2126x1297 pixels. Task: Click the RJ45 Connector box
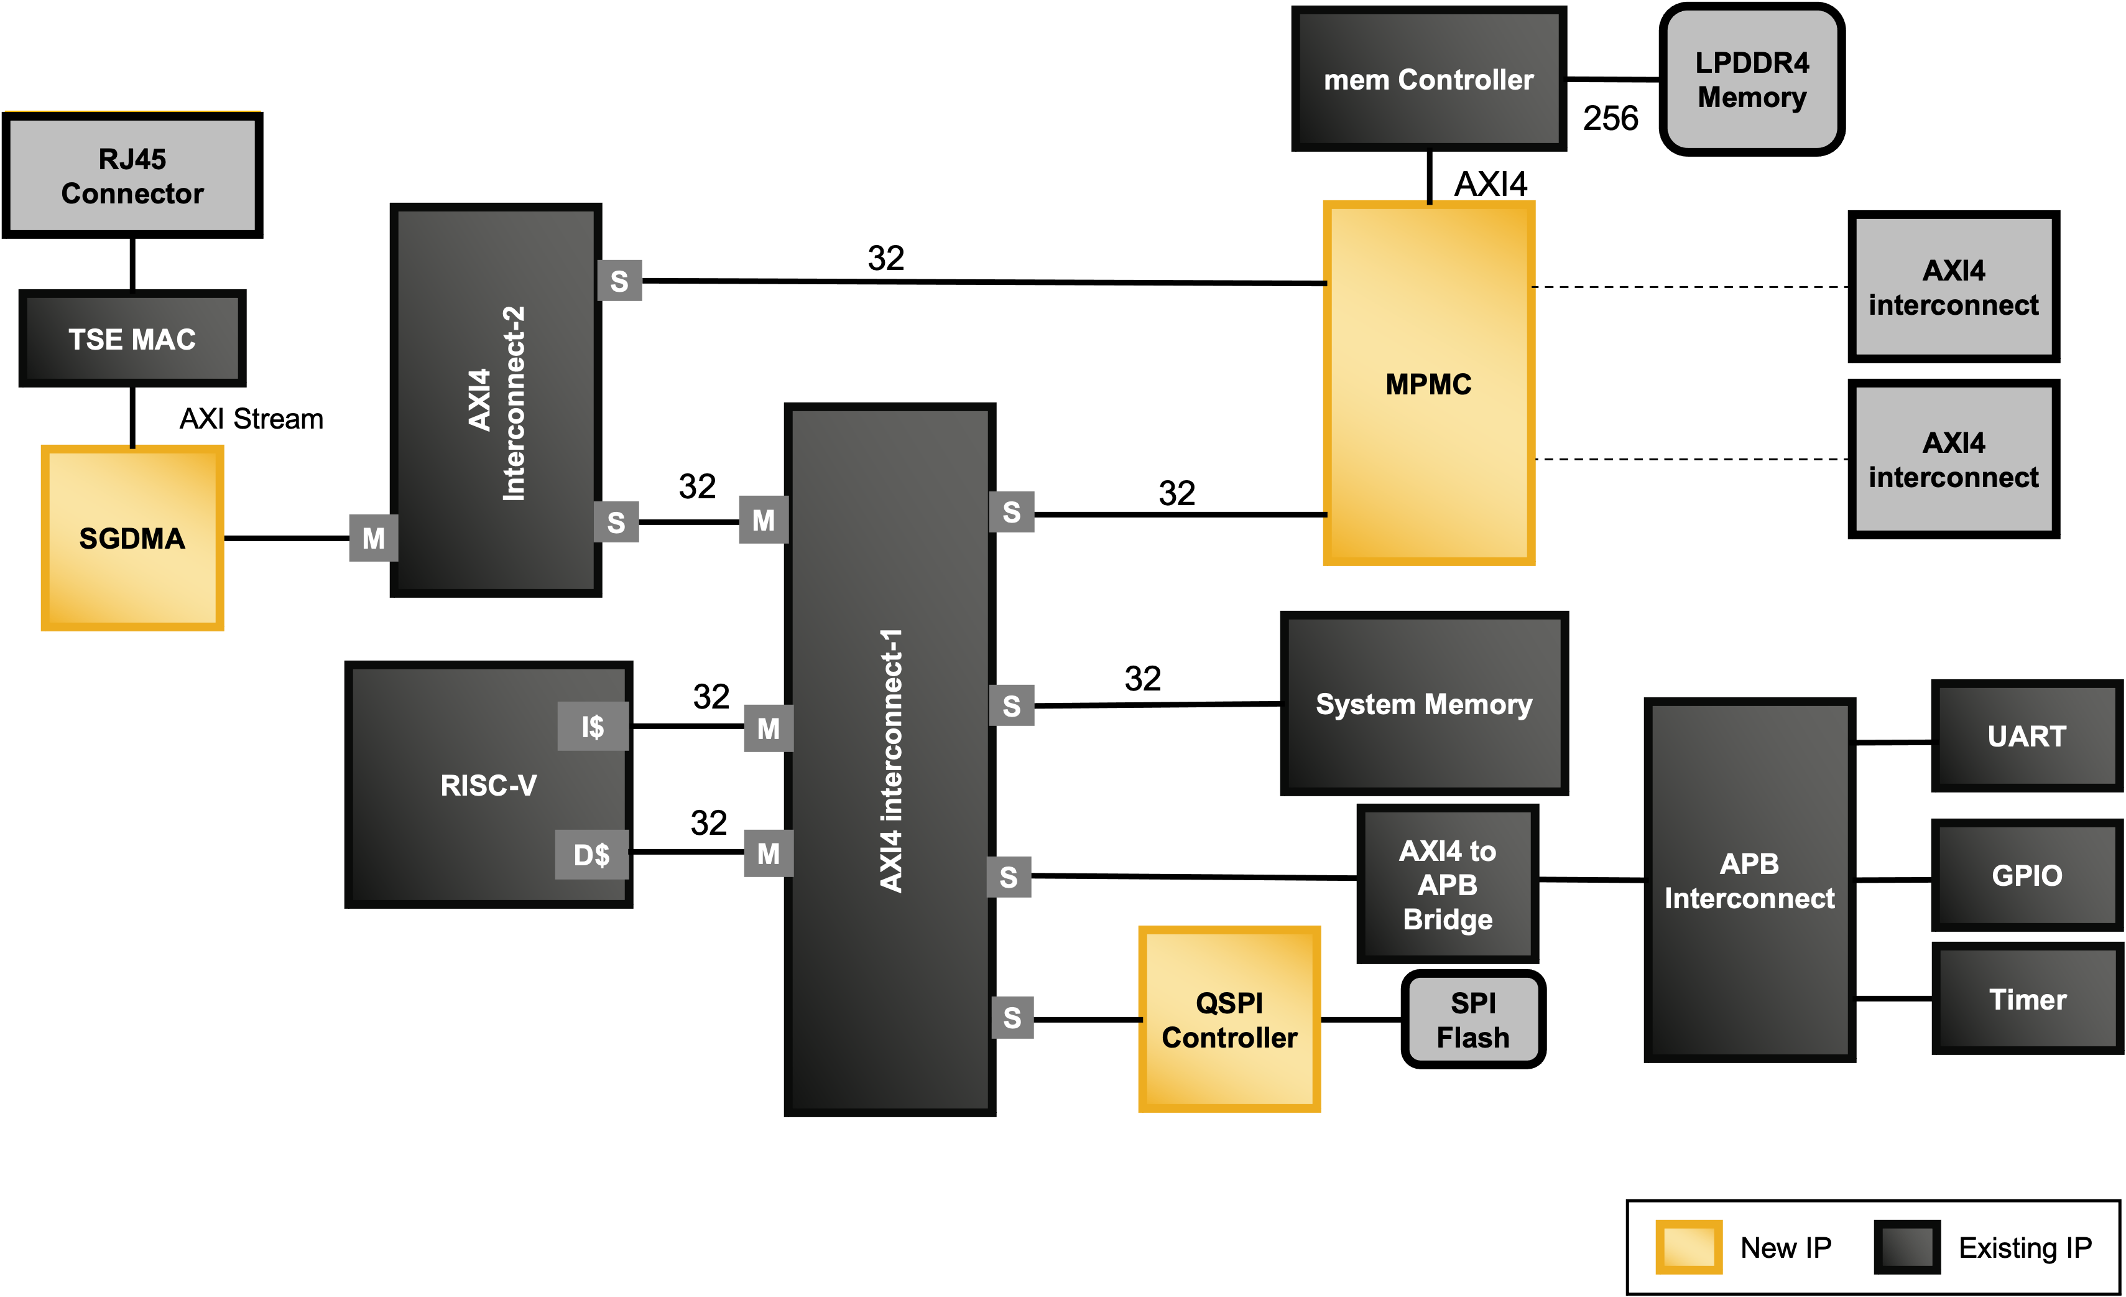click(132, 175)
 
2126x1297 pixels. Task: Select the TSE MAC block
click(132, 338)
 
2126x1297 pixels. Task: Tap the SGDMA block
click(132, 537)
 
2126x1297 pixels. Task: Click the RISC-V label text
click(488, 785)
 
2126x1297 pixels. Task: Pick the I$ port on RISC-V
click(593, 727)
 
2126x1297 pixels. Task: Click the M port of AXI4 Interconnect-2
click(372, 537)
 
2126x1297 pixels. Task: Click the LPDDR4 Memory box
click(1752, 80)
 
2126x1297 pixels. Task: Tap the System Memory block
click(1424, 704)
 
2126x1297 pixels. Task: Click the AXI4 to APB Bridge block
click(1447, 885)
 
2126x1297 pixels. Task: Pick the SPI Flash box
click(1473, 1019)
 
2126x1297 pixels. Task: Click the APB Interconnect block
click(1749, 880)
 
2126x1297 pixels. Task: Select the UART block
click(2027, 736)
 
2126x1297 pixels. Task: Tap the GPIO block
click(2027, 875)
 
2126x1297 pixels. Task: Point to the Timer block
click(2027, 999)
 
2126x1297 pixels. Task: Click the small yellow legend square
click(1688, 1246)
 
